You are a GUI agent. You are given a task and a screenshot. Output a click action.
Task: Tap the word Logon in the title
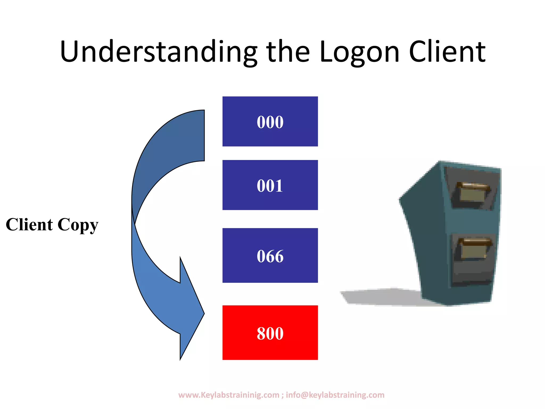tap(359, 52)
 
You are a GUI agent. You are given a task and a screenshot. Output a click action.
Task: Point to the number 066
tap(270, 256)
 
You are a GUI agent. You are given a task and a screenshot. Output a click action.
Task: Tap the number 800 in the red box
tap(270, 333)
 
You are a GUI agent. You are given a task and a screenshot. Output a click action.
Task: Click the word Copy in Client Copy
tap(78, 225)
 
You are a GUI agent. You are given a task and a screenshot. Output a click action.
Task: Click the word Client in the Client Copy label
tap(29, 224)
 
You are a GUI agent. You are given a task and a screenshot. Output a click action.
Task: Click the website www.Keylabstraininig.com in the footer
tap(229, 395)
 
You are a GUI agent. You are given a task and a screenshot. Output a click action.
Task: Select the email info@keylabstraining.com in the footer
tap(335, 395)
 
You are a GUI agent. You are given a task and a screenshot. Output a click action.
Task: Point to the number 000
tap(270, 122)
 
